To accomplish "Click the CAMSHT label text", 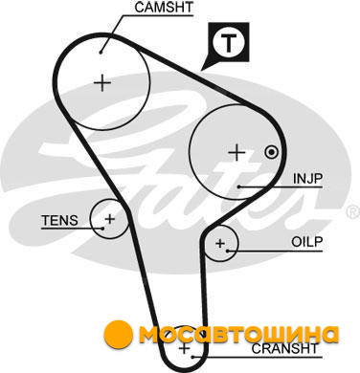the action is [164, 8].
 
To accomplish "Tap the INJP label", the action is [308, 179].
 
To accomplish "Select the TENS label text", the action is [59, 220].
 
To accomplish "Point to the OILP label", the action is [307, 242].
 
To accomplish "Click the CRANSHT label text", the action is [285, 348].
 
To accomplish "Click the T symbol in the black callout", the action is [229, 42].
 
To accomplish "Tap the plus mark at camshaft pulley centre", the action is [102, 83].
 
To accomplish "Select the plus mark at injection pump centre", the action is [236, 152].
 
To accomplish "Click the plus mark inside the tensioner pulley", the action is [109, 219].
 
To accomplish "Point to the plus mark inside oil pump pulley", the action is [220, 243].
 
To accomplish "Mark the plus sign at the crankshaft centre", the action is [184, 348].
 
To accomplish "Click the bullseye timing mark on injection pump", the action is [271, 152].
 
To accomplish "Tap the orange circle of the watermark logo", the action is [119, 334].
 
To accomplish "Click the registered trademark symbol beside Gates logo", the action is [352, 211].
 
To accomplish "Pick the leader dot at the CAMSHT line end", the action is [101, 52].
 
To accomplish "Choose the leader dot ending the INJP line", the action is [238, 186].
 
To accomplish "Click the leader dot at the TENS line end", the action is [102, 229].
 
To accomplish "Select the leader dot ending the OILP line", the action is [227, 251].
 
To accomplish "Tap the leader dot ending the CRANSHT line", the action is [192, 357].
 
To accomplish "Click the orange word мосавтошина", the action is [238, 334].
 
